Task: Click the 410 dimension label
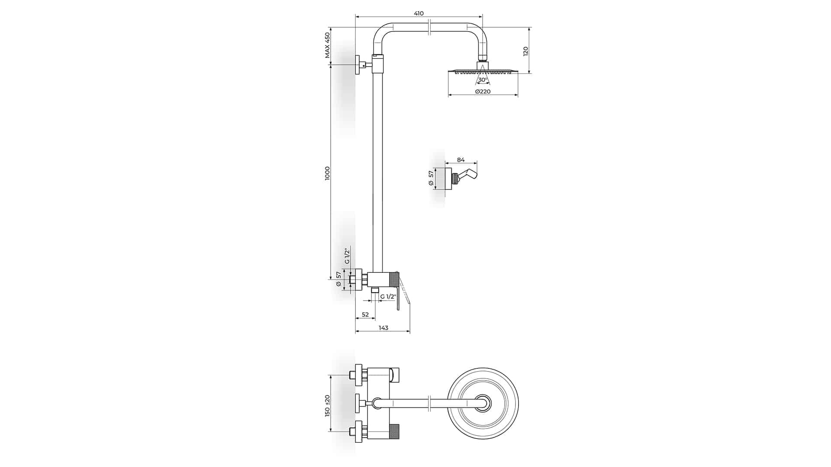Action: point(419,13)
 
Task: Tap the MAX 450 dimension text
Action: point(328,45)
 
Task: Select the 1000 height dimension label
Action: point(328,173)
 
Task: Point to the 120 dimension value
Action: point(526,51)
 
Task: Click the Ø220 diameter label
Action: point(483,92)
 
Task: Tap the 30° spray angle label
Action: point(482,80)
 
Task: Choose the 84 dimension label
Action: point(461,160)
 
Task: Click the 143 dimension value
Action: point(383,328)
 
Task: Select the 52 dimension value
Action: point(365,315)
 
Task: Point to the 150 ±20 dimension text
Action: point(328,406)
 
